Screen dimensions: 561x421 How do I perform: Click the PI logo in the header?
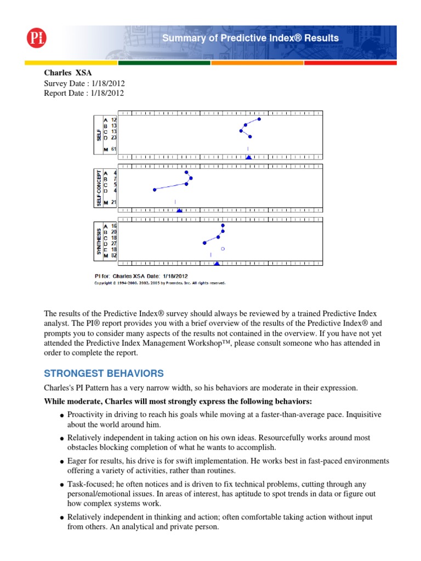[x=37, y=38]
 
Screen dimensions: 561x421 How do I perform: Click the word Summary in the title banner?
[x=180, y=38]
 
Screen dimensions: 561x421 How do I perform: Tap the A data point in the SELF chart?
[x=259, y=119]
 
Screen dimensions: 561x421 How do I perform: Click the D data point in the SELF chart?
[x=251, y=137]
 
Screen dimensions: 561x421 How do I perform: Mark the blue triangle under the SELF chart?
[x=248, y=157]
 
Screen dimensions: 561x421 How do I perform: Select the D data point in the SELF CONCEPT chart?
[x=155, y=190]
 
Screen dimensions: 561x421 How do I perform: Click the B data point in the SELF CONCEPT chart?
[x=191, y=178]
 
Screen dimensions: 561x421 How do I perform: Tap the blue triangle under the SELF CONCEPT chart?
[x=179, y=210]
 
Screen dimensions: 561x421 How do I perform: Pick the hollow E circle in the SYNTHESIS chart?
[x=223, y=249]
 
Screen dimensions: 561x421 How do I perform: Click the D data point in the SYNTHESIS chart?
[x=204, y=242]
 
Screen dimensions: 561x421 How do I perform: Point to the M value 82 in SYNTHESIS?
[x=113, y=255]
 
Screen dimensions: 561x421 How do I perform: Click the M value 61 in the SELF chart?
[x=113, y=149]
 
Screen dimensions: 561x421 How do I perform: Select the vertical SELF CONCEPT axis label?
[x=99, y=188]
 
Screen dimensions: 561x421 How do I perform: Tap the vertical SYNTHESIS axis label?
[x=99, y=241]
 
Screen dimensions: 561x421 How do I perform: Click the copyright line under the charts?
[x=160, y=283]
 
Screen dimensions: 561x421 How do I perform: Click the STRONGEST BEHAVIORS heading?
[x=104, y=374]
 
